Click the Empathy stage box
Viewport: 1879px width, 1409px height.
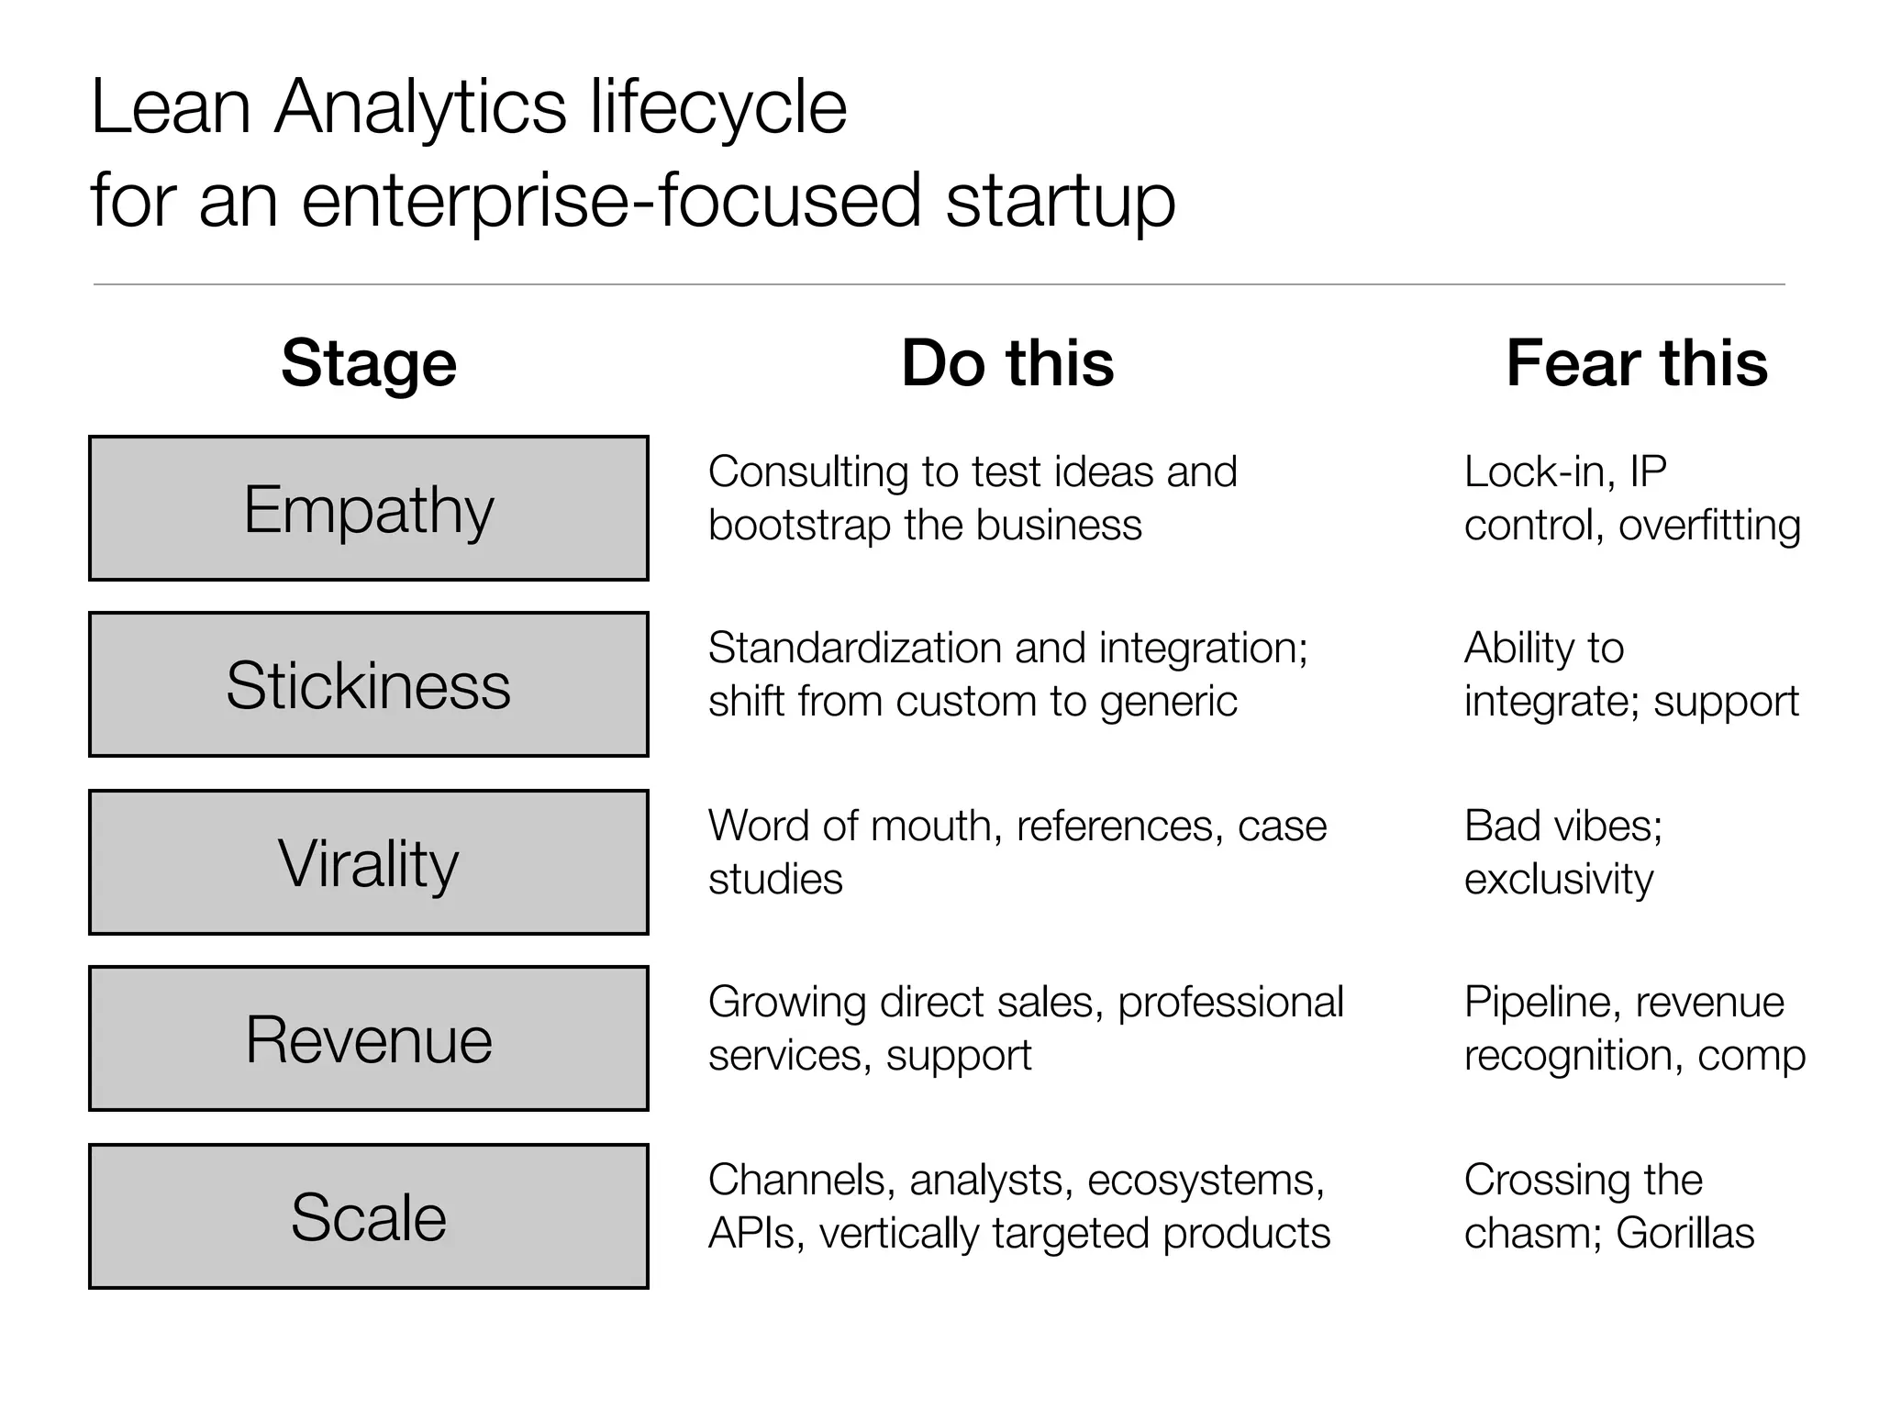pos(369,508)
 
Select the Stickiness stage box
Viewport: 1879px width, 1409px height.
pos(369,684)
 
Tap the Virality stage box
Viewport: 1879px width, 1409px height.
pos(369,862)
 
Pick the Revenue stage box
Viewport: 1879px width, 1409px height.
pos(369,1038)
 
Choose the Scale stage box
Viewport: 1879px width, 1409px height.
pos(369,1216)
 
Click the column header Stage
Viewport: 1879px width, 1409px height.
pos(369,363)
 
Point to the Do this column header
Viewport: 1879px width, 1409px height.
pos(1007,363)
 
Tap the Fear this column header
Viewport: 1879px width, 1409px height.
pos(1637,363)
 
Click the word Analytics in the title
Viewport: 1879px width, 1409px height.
pos(421,107)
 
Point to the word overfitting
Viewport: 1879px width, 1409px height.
pos(1709,526)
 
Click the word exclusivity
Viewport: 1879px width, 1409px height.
pos(1558,880)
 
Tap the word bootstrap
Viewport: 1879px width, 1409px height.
pos(798,526)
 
